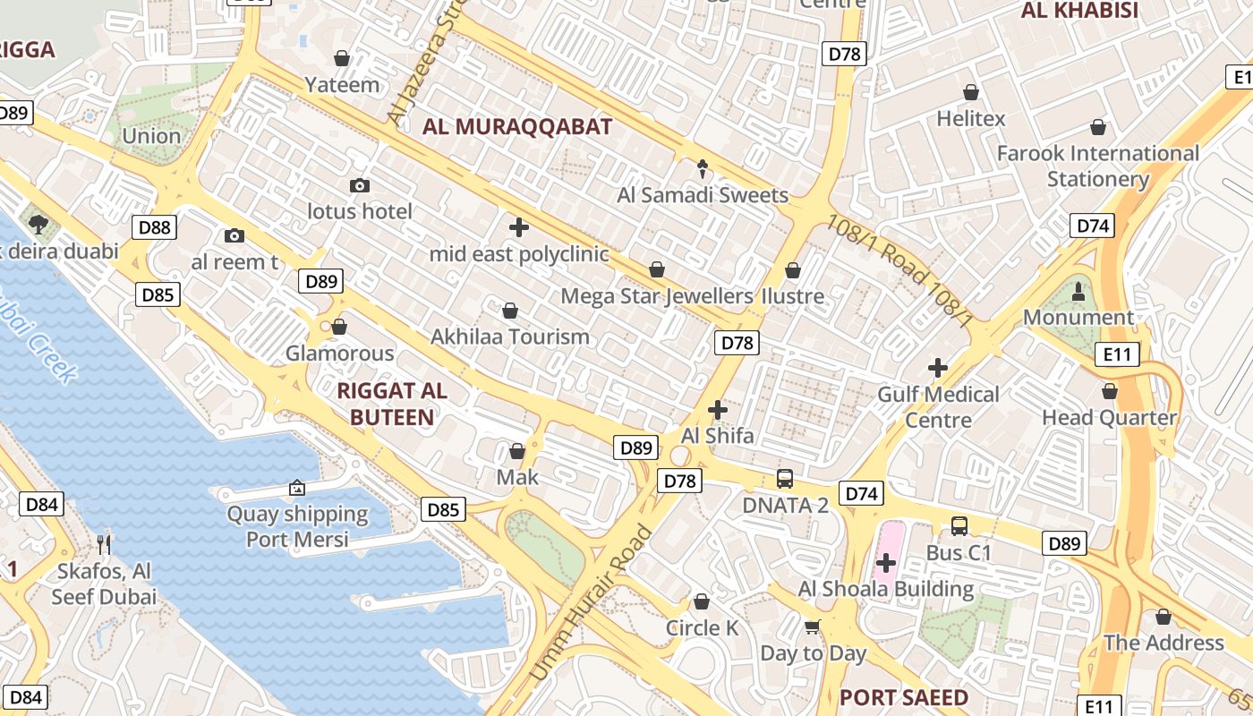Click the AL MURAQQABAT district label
tap(517, 126)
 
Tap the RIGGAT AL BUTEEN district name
tap(392, 404)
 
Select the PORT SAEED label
tap(904, 697)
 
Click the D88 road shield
tap(155, 227)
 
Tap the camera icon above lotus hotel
tap(360, 185)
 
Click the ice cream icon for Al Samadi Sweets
tap(703, 168)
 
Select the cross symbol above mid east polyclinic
tap(518, 227)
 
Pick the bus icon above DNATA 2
tap(785, 478)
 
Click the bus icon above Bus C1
tap(959, 525)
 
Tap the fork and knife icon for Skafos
tap(104, 543)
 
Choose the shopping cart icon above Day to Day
tap(812, 626)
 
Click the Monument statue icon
tap(1078, 291)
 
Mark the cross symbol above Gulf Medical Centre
tap(937, 367)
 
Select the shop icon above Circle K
tap(702, 601)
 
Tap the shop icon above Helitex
tap(970, 92)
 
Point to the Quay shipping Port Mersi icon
tap(296, 488)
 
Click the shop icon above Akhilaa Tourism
tap(509, 311)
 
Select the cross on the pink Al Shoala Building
tap(886, 563)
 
